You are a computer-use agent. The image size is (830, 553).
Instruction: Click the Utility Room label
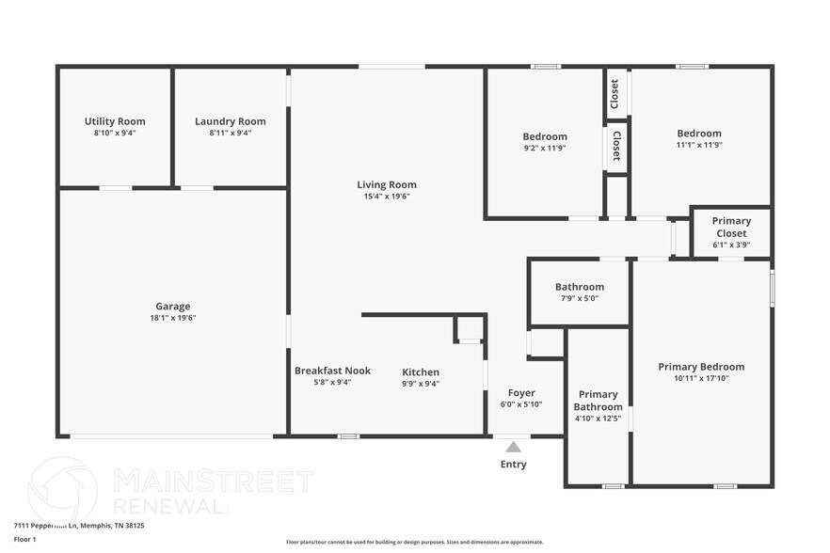tap(115, 121)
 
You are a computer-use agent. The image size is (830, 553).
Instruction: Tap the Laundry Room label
tap(230, 121)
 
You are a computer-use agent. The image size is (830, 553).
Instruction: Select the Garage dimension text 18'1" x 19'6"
tap(173, 318)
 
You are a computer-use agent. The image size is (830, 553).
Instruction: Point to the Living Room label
tap(386, 184)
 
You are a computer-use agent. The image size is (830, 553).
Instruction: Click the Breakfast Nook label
tap(332, 371)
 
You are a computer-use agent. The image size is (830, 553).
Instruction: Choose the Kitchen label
tap(421, 371)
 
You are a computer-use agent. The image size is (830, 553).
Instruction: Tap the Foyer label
tap(521, 393)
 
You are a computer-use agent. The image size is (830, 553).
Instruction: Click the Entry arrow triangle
tap(513, 447)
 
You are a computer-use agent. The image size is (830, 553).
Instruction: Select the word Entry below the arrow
tap(513, 465)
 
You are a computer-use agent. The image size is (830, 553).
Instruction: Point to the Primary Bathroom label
tap(598, 401)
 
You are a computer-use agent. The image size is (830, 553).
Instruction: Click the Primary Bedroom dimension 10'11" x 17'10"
tap(701, 378)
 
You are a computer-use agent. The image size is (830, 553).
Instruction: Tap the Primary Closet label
tap(731, 227)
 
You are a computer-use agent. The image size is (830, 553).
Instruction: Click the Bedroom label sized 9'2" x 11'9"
tap(545, 136)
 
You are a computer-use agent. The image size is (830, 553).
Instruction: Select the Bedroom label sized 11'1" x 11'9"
tap(699, 134)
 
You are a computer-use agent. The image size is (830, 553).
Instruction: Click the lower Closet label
tap(616, 146)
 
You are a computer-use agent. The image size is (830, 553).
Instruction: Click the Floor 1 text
tap(24, 539)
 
